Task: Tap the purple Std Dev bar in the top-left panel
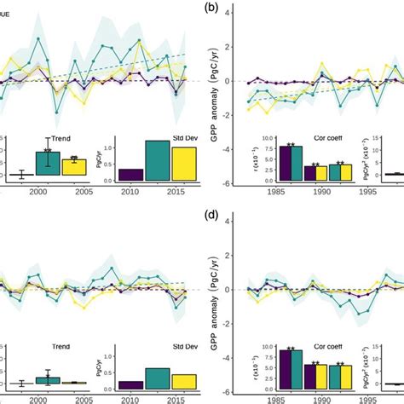(x=131, y=175)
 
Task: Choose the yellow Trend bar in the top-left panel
(x=74, y=167)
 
